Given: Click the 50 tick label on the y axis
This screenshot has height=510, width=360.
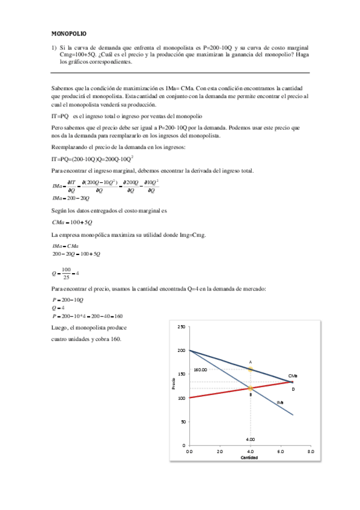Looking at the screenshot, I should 183,422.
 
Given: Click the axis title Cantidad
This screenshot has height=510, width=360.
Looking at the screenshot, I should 249,458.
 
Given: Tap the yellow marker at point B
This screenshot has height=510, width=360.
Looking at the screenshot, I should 251,389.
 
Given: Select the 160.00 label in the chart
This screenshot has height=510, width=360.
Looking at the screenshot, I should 200,370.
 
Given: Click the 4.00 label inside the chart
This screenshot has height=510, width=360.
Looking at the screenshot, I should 250,439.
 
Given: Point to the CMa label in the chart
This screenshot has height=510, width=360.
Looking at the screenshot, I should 293,375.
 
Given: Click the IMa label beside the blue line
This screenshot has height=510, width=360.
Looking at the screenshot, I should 280,402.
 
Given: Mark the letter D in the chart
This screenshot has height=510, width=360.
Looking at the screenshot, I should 293,389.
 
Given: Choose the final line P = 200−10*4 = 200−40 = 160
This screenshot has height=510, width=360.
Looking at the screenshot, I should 88,316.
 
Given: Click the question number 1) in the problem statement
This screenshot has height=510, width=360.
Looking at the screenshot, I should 53,48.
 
